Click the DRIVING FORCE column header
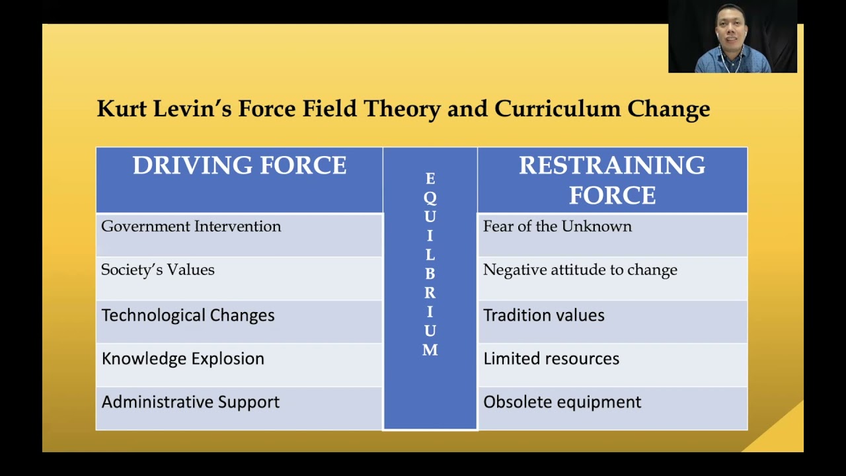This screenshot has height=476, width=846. point(239,165)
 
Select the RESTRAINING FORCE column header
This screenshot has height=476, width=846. point(612,180)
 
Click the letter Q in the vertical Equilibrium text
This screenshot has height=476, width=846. point(430,198)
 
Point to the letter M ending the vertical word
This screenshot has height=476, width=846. point(430,350)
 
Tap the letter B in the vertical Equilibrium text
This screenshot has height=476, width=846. point(430,274)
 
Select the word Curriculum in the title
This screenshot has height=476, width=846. point(558,109)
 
